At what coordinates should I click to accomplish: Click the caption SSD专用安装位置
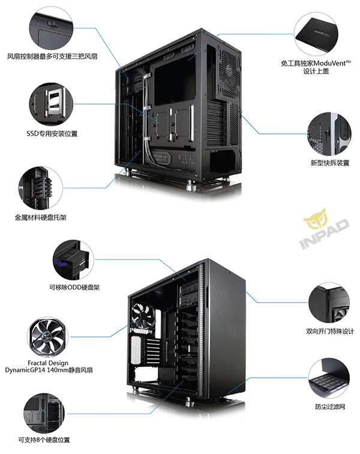(52, 133)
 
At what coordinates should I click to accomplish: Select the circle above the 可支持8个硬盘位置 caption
(44, 411)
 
